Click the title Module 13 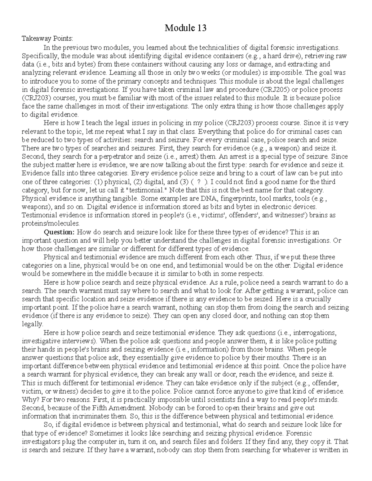tap(186, 28)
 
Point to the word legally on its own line tap(33, 324)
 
